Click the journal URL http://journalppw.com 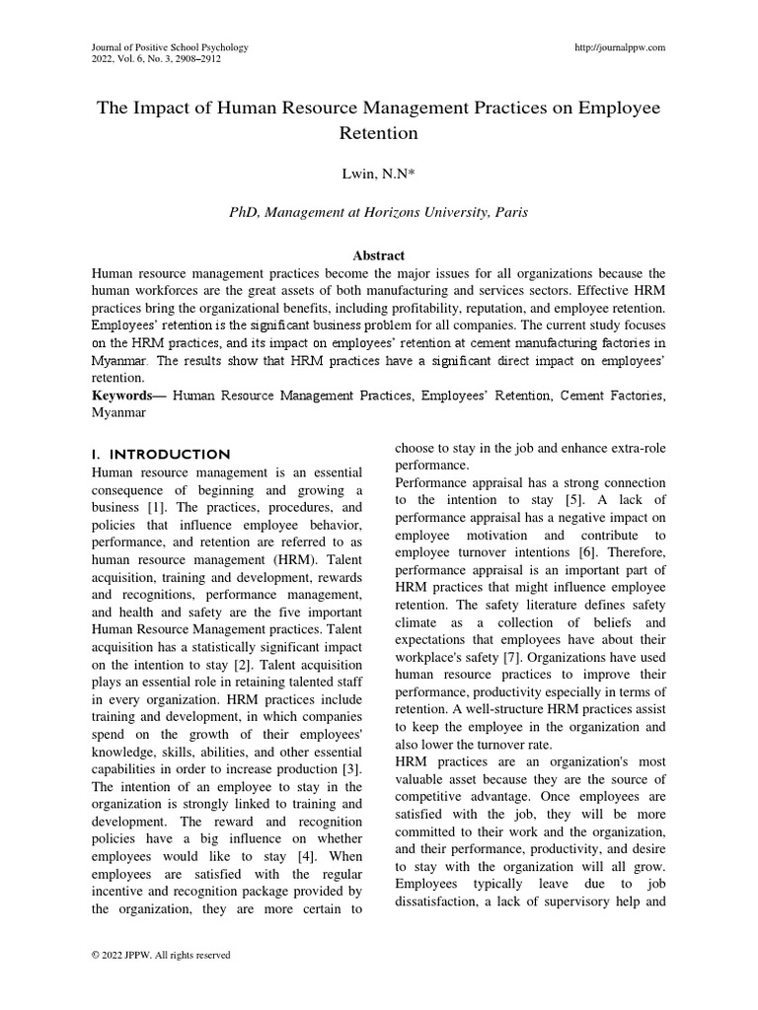pos(619,47)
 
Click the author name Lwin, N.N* pos(379,174)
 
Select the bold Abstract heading pos(379,254)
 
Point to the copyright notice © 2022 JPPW pos(160,955)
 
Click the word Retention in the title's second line pos(379,132)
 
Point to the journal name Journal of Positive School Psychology pos(170,47)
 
